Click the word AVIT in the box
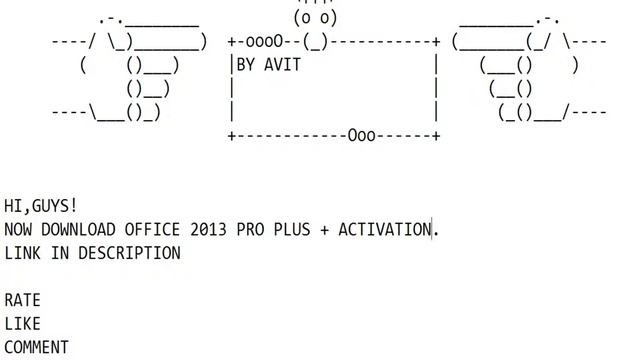(282, 65)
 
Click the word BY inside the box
(246, 65)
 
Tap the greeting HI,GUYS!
(40, 206)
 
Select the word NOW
(18, 229)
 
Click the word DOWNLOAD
(78, 229)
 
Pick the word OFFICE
(152, 229)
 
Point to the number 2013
(208, 229)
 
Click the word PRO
(250, 229)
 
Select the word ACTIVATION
(385, 229)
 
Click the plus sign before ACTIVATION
(324, 230)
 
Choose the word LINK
(22, 253)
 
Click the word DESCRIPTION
(129, 253)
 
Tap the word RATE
(22, 300)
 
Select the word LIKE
(22, 324)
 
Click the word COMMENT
(36, 347)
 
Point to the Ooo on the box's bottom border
(362, 136)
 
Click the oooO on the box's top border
(264, 41)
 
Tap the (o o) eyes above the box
(315, 18)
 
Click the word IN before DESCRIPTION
(60, 253)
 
